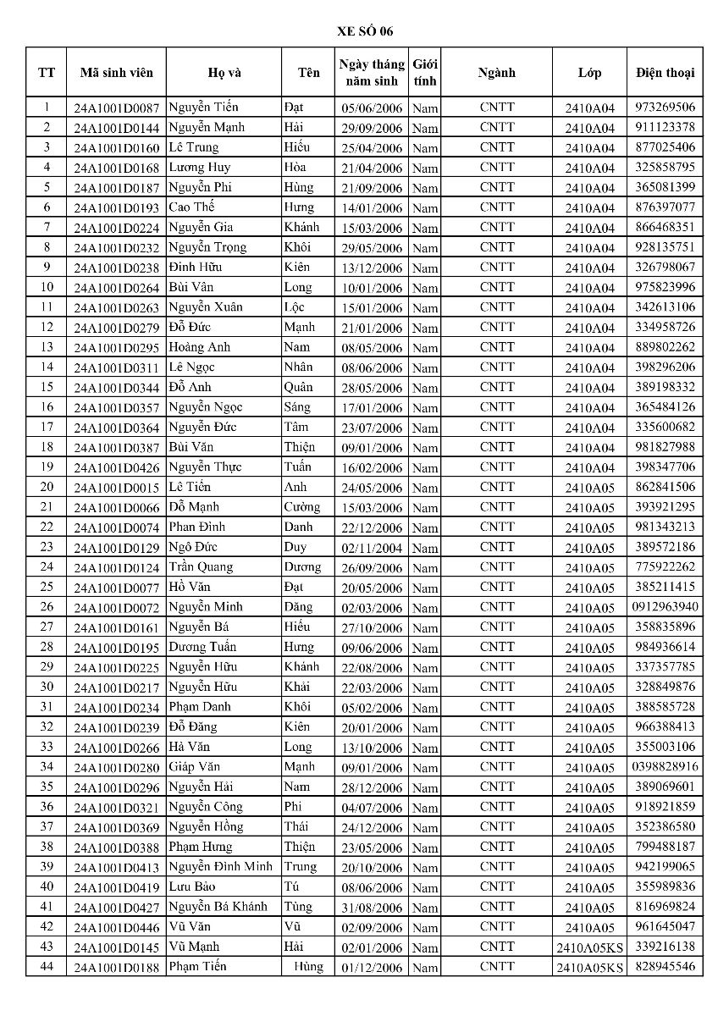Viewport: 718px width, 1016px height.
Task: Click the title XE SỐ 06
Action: (359, 31)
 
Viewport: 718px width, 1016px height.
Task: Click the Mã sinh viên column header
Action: (116, 73)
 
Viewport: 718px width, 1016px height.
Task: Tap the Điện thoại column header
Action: (665, 73)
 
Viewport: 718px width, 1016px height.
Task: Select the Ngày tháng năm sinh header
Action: (372, 73)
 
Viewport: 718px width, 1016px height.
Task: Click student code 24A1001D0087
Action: (116, 108)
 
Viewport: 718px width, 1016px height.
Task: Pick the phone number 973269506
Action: (665, 108)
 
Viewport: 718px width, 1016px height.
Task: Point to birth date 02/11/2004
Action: (372, 548)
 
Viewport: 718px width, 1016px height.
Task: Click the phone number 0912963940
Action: (665, 607)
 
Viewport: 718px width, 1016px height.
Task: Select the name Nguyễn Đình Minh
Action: (220, 867)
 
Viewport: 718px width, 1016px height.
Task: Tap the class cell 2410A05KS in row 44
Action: (589, 968)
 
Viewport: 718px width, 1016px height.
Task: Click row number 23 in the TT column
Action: (47, 547)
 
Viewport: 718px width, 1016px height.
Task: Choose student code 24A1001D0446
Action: (116, 928)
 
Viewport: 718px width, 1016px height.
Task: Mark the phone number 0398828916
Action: (665, 767)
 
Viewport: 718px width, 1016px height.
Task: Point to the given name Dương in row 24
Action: (302, 567)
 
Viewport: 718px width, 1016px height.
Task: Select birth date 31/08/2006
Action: (372, 908)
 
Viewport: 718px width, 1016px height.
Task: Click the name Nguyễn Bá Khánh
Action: (218, 907)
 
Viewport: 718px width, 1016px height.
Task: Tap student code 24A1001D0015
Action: (116, 488)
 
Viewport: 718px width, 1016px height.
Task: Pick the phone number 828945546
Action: (665, 967)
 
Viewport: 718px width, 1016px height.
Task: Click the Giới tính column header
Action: (425, 73)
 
